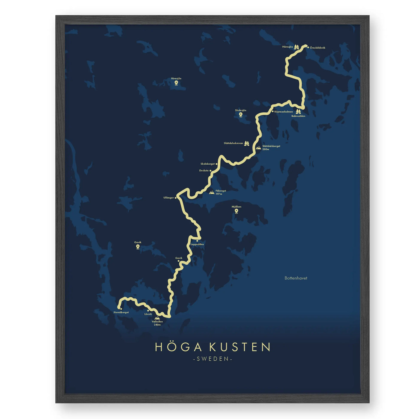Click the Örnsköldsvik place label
tap(318, 48)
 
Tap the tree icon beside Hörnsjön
tap(296, 47)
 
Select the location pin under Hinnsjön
tap(176, 83)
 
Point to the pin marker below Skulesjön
tap(240, 115)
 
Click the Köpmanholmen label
tap(283, 112)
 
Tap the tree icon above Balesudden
tap(298, 112)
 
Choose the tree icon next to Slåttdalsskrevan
tap(246, 143)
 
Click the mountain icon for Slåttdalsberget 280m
tap(258, 148)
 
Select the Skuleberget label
tap(207, 164)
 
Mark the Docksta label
tap(204, 171)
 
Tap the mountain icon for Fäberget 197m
tap(212, 192)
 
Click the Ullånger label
tap(168, 198)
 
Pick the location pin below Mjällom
tap(236, 211)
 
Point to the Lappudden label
tap(197, 245)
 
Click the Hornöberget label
tap(121, 312)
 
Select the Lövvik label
tap(148, 314)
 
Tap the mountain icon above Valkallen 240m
tap(157, 318)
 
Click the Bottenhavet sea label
tap(296, 278)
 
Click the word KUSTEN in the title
tap(240, 347)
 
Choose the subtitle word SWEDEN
tap(213, 359)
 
